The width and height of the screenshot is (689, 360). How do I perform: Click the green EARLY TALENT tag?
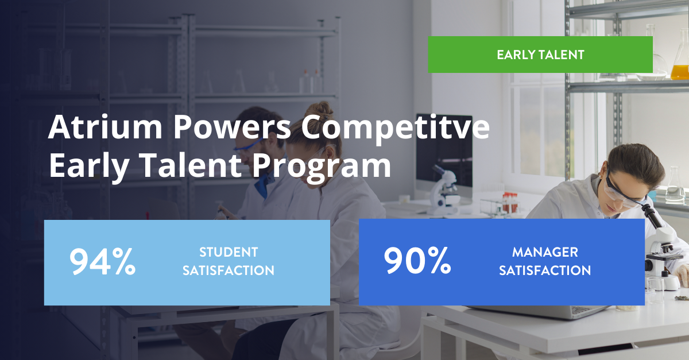pyautogui.click(x=540, y=55)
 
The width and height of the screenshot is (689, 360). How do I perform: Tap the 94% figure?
pyautogui.click(x=102, y=262)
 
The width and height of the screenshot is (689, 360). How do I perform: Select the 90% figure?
pyautogui.click(x=417, y=262)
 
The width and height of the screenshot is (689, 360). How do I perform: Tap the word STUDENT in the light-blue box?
pyautogui.click(x=229, y=252)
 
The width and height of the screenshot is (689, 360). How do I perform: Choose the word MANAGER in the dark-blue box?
pyautogui.click(x=545, y=252)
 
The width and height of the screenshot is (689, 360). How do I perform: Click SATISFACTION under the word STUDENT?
pyautogui.click(x=229, y=270)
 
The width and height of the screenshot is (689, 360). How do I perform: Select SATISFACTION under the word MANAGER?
pyautogui.click(x=545, y=270)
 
